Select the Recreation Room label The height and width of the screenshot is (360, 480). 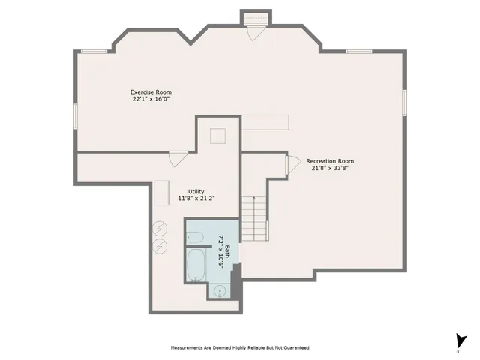point(330,161)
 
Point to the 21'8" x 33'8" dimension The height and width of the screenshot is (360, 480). point(330,169)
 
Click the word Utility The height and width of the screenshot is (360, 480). point(185,192)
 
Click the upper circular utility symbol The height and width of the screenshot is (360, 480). point(159,229)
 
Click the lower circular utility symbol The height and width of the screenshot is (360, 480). point(159,246)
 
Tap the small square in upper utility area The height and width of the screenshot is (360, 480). point(218,136)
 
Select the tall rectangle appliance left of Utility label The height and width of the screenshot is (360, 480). point(161,192)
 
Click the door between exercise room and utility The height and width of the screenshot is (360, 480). point(178,159)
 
